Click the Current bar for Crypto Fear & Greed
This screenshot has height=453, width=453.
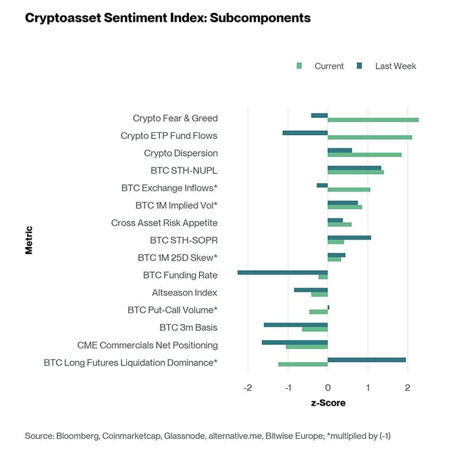click(x=373, y=120)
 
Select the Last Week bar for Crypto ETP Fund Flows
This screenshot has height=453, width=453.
click(x=305, y=132)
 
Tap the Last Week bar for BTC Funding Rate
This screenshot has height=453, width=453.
click(x=282, y=272)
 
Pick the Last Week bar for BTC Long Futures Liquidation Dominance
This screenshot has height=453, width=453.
click(x=367, y=360)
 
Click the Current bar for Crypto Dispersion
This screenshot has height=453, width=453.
click(x=365, y=155)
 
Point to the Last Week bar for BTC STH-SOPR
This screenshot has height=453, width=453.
click(x=349, y=238)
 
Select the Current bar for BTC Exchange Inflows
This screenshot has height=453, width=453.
click(x=349, y=190)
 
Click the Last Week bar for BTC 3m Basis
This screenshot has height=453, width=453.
click(x=296, y=325)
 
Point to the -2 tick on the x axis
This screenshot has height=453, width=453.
click(x=248, y=388)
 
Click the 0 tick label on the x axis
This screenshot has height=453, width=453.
click(x=327, y=388)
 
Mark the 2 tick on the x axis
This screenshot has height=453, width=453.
click(x=407, y=388)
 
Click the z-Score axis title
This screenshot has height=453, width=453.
click(x=327, y=403)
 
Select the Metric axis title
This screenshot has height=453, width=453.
click(x=29, y=240)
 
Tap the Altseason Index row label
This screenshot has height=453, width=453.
click(x=184, y=293)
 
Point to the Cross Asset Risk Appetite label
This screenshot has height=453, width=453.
click(x=164, y=223)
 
